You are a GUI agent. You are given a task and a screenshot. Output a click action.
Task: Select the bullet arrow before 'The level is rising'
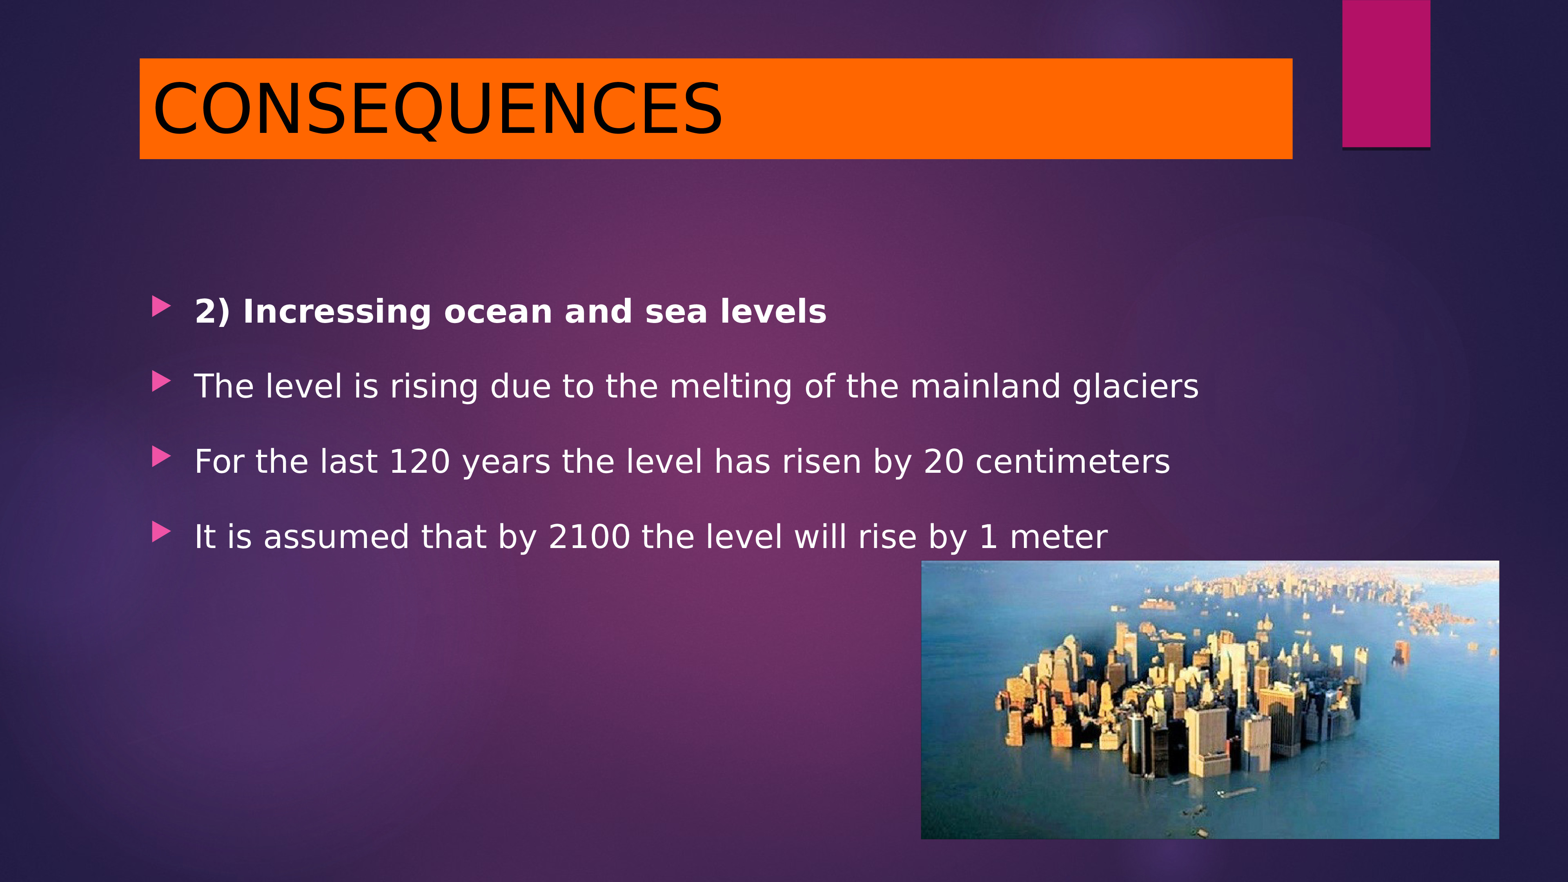pos(161,382)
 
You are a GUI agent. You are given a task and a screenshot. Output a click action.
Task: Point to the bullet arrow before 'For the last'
pos(161,457)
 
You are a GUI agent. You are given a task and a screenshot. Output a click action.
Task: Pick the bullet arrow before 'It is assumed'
pos(161,532)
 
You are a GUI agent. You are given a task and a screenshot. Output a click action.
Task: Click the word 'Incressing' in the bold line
pos(337,313)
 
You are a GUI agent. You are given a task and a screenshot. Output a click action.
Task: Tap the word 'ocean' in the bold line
pos(498,312)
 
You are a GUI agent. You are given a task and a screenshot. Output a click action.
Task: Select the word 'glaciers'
pos(1135,388)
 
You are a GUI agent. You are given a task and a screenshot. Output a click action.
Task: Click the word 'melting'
pos(730,388)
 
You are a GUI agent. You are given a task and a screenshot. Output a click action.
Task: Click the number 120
pos(419,461)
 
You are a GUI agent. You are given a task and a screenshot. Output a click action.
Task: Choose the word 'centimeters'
pos(1073,461)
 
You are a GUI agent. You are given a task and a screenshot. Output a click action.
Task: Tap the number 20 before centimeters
pos(944,461)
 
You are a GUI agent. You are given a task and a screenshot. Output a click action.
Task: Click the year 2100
pos(589,537)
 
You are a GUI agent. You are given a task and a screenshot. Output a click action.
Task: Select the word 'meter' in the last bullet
pos(1058,537)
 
